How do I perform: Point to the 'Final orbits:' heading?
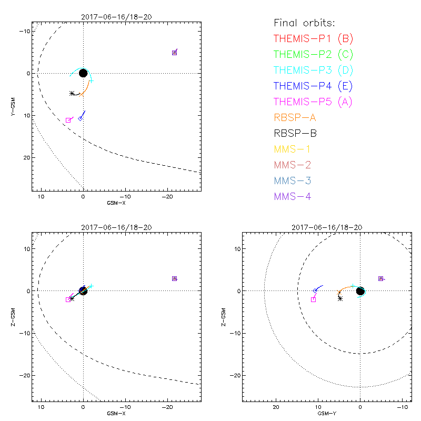tap(304, 23)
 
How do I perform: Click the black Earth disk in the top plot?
tap(83, 73)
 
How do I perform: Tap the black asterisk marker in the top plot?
tap(72, 93)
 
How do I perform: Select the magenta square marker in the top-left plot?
tap(68, 121)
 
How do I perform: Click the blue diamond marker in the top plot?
tap(80, 118)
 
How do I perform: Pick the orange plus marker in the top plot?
tap(91, 81)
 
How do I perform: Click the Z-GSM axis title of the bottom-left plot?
tap(15, 321)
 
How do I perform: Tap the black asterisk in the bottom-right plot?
tap(340, 298)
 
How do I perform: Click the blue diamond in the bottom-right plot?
tap(315, 290)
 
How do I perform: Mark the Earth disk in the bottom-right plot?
tap(360, 290)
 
